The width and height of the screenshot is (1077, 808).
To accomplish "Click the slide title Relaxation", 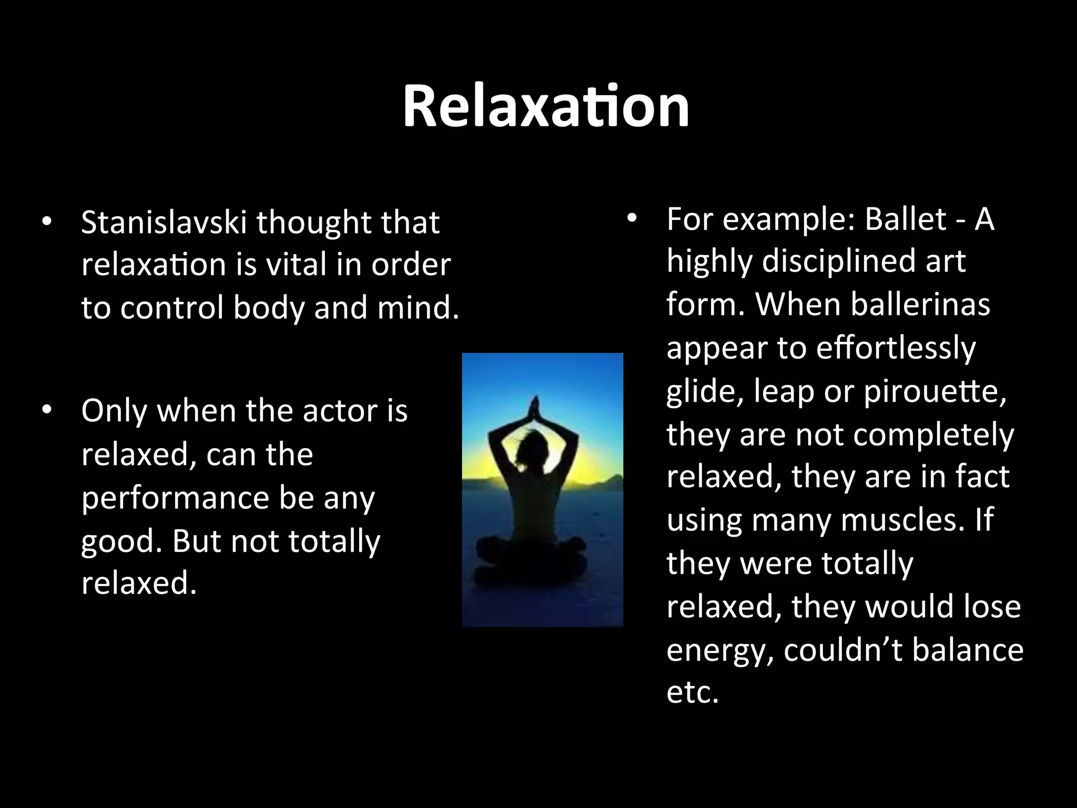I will pyautogui.click(x=546, y=108).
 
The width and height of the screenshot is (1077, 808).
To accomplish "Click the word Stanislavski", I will pyautogui.click(x=164, y=223).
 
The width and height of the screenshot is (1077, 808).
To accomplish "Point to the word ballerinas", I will pyautogui.click(x=920, y=305).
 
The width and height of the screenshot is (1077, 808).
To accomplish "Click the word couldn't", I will pyautogui.click(x=843, y=650).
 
